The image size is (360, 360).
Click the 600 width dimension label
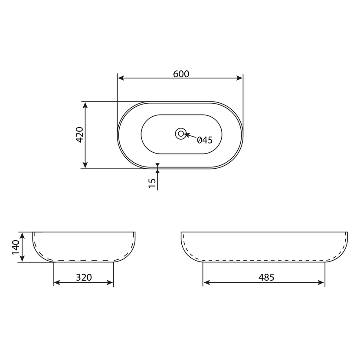pyautogui.click(x=181, y=74)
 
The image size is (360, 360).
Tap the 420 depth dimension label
pyautogui.click(x=80, y=134)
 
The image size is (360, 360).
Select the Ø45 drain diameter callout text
pyautogui.click(x=205, y=140)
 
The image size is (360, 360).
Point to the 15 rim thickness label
pyautogui.click(x=152, y=183)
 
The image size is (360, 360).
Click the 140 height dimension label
pyautogui.click(x=16, y=247)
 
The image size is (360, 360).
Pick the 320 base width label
pyautogui.click(x=84, y=277)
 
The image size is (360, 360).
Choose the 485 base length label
pyautogui.click(x=266, y=277)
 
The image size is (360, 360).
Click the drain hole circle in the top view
pyautogui.click(x=181, y=134)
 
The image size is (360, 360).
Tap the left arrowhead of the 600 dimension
pyautogui.click(x=121, y=78)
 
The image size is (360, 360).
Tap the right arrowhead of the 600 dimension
pyautogui.click(x=239, y=78)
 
